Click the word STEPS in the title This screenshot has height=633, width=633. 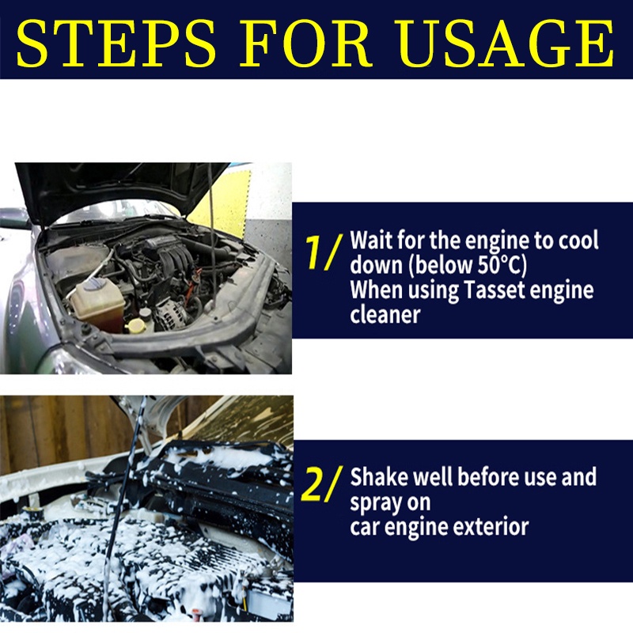click(116, 44)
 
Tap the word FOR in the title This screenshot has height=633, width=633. click(305, 44)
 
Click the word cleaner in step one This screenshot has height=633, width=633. click(385, 315)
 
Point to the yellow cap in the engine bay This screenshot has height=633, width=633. click(135, 324)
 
